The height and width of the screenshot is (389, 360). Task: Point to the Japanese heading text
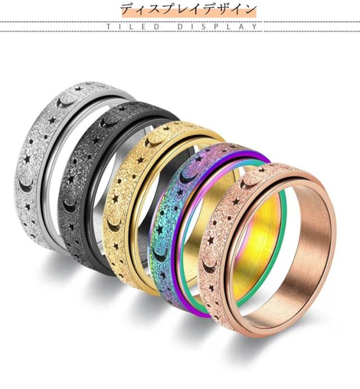point(188,9)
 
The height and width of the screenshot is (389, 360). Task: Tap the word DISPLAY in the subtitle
point(218,26)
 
